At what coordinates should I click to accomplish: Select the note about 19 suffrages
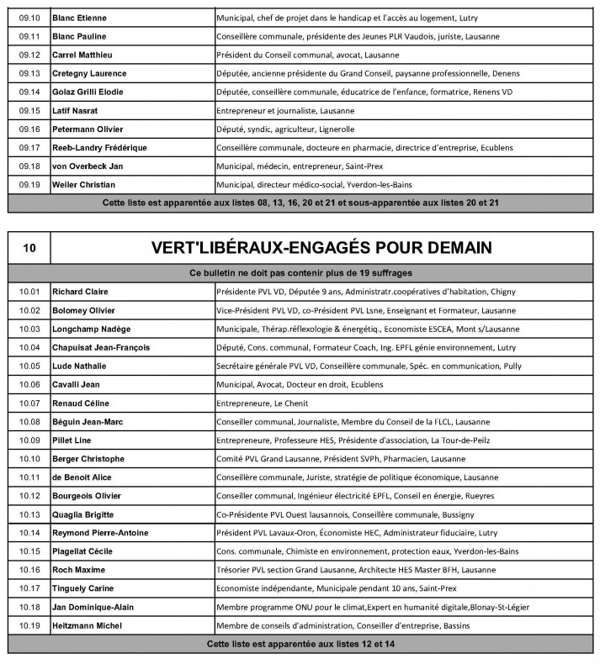300,273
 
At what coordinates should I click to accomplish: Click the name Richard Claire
80,292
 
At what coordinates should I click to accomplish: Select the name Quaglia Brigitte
83,514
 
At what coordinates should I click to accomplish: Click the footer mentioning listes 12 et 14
300,644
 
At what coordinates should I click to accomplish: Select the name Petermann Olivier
88,129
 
